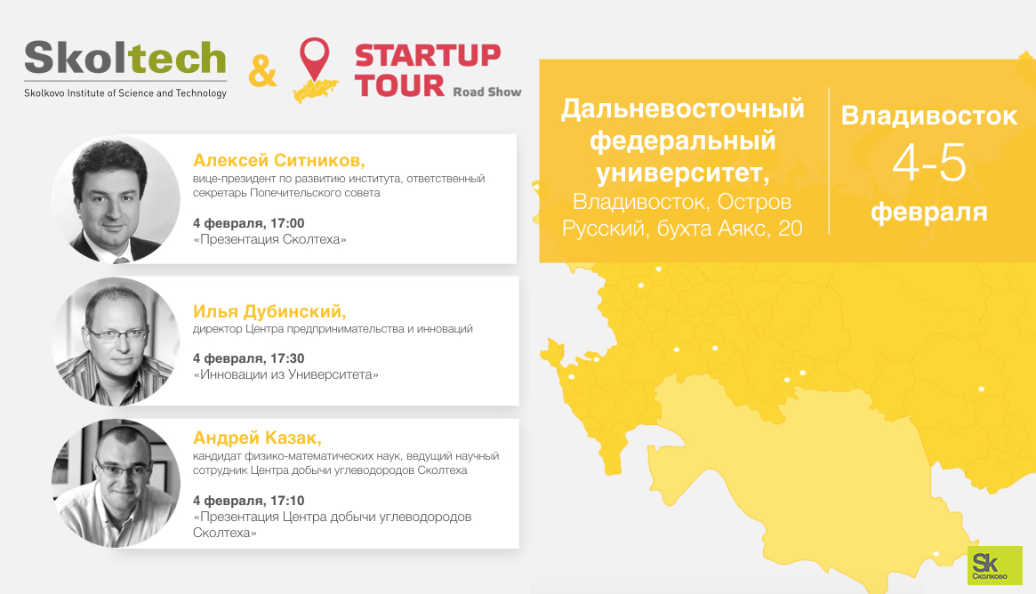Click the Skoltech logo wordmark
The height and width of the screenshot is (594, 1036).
[125, 58]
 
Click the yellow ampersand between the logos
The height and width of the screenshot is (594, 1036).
[262, 71]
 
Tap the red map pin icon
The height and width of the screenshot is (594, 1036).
[315, 58]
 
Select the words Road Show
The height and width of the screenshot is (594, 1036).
[487, 92]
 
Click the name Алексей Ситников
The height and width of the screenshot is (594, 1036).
[279, 161]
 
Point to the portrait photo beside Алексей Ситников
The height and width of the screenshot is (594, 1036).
[116, 199]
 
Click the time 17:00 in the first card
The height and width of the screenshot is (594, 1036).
[287, 223]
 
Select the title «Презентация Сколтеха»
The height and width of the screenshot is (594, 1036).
[269, 239]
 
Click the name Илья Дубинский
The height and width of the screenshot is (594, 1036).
[269, 311]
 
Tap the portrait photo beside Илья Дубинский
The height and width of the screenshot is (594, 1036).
[116, 341]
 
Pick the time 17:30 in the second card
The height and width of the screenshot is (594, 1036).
[287, 358]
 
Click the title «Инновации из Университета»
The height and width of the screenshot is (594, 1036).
[286, 374]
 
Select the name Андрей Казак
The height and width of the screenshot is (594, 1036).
[257, 437]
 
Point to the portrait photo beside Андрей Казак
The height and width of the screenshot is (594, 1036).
[116, 483]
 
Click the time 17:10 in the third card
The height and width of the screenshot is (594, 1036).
[287, 501]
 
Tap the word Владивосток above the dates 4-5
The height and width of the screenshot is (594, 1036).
[929, 116]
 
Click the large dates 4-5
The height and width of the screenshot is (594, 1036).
[929, 163]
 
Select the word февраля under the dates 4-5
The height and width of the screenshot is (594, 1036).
[929, 213]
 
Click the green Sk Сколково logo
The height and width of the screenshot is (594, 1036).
[994, 565]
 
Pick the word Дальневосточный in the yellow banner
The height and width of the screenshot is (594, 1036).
[683, 109]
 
